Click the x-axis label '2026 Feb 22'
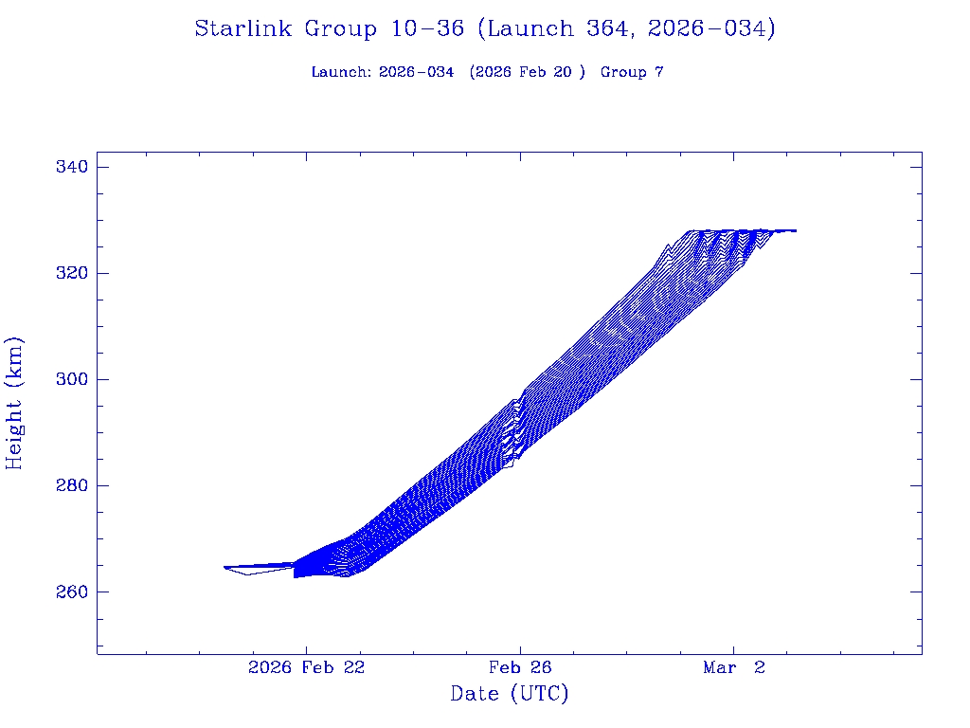(x=306, y=668)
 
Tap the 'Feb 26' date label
(x=519, y=668)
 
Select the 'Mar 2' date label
(x=733, y=668)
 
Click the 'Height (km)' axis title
(x=15, y=402)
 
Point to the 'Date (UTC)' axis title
(x=510, y=694)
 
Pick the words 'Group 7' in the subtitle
(x=632, y=72)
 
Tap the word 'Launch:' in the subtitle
(x=341, y=72)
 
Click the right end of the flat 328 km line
(x=795, y=230)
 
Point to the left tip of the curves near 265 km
(x=225, y=567)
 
